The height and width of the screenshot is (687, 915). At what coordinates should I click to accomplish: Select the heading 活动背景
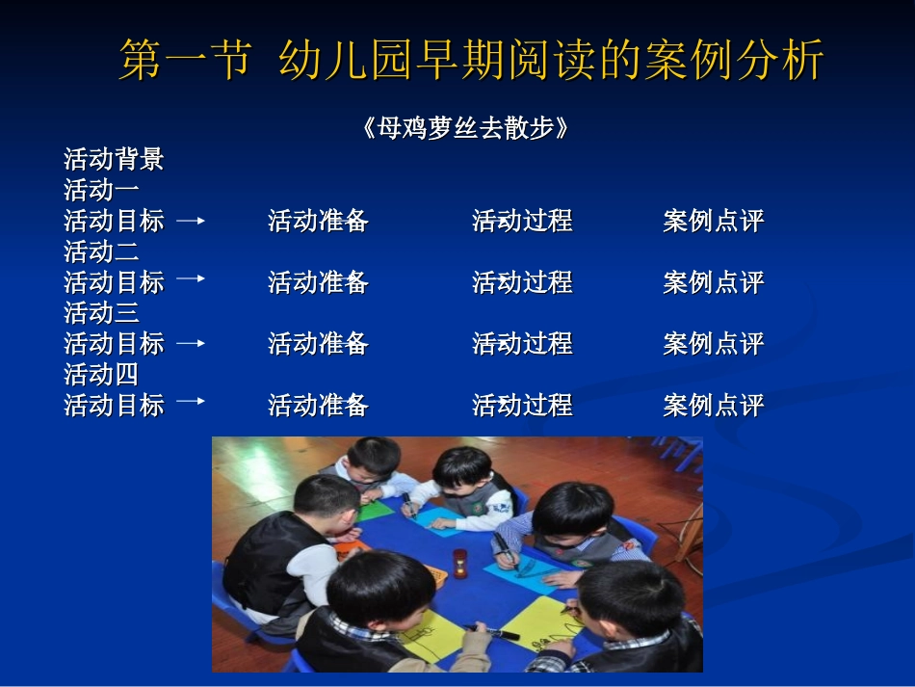[x=114, y=159]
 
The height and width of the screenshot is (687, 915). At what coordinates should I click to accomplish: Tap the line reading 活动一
[x=101, y=190]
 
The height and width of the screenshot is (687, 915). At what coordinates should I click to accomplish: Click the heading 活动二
[x=101, y=251]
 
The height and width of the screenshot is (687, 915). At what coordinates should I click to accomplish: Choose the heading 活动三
[x=101, y=312]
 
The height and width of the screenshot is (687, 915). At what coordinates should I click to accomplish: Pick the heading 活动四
[x=101, y=374]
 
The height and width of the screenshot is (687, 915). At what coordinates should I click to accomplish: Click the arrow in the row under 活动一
[x=191, y=221]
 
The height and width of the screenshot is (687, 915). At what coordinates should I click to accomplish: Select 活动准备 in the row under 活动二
[x=318, y=282]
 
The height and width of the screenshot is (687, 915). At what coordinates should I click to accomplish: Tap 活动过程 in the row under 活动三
[x=522, y=344]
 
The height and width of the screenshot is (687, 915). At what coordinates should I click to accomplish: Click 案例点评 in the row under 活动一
[x=713, y=222]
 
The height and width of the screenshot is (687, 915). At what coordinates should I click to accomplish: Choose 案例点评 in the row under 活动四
[x=713, y=406]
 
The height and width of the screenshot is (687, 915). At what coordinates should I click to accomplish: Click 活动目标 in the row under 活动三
[x=114, y=344]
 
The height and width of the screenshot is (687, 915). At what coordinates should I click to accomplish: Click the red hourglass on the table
[x=459, y=563]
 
